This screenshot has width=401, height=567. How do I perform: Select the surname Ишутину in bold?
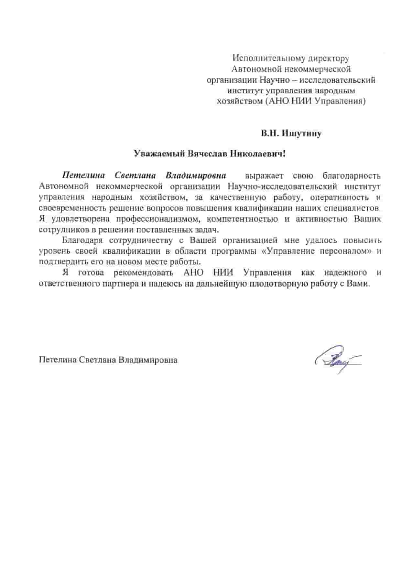coord(301,133)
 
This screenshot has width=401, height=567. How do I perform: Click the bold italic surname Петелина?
coord(84,176)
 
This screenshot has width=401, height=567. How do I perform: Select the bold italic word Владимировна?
coord(196,176)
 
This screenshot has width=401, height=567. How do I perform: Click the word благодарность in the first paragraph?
coord(352,176)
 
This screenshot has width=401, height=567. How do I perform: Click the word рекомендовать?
coord(144,272)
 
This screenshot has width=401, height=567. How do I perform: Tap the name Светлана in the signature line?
coord(97,360)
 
